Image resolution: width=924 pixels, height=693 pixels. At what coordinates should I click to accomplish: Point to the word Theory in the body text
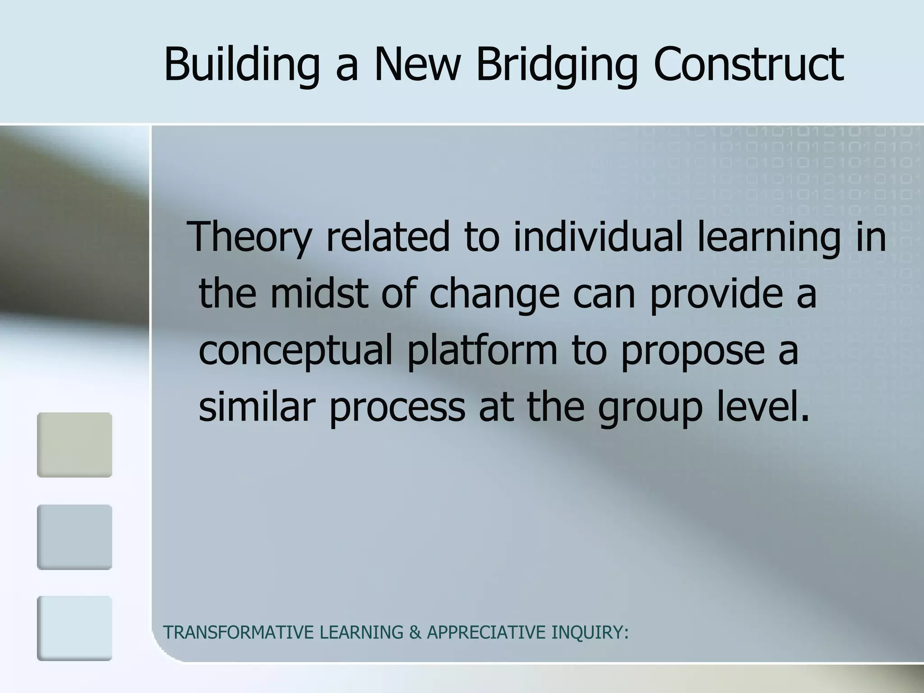(x=251, y=237)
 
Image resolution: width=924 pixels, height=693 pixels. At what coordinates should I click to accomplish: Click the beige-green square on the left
(x=74, y=445)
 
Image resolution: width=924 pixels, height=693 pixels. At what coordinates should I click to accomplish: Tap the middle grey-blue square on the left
(x=74, y=537)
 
